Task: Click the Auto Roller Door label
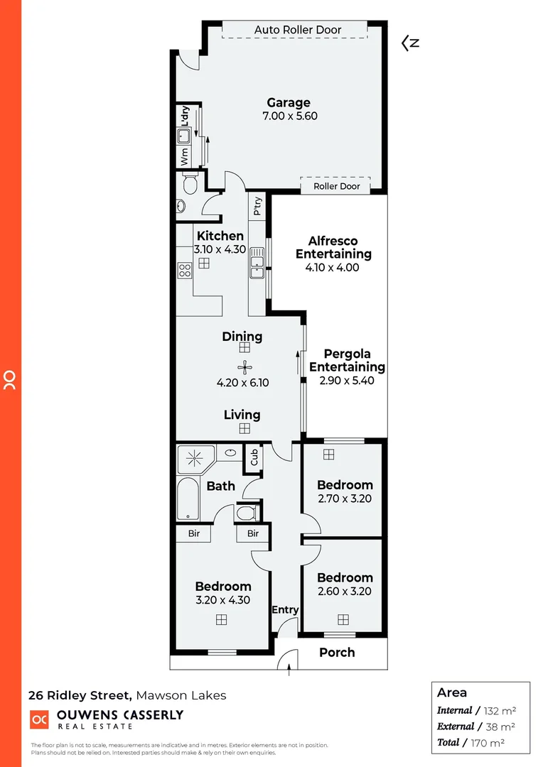[x=298, y=30]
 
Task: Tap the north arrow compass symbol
[x=410, y=43]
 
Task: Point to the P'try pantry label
[x=257, y=207]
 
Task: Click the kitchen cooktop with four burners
[x=184, y=270]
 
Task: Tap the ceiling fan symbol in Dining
[x=244, y=367]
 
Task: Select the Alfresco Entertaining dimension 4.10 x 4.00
[x=333, y=268]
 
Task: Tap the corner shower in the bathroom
[x=194, y=459]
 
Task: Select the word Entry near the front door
[x=285, y=609]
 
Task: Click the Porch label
[x=337, y=652]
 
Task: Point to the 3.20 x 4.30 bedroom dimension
[x=222, y=600]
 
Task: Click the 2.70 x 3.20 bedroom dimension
[x=345, y=499]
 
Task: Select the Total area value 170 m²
[x=491, y=743]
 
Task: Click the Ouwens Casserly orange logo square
[x=39, y=719]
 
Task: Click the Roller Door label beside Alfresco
[x=337, y=186]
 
